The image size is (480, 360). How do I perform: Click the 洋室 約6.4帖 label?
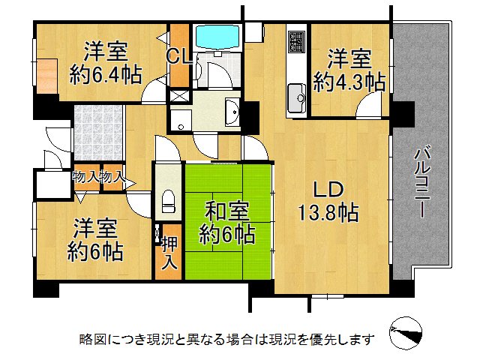pyautogui.click(x=105, y=63)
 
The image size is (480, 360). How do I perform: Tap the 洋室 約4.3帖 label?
pyautogui.click(x=349, y=69)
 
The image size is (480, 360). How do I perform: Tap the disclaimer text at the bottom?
pyautogui.click(x=226, y=339)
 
